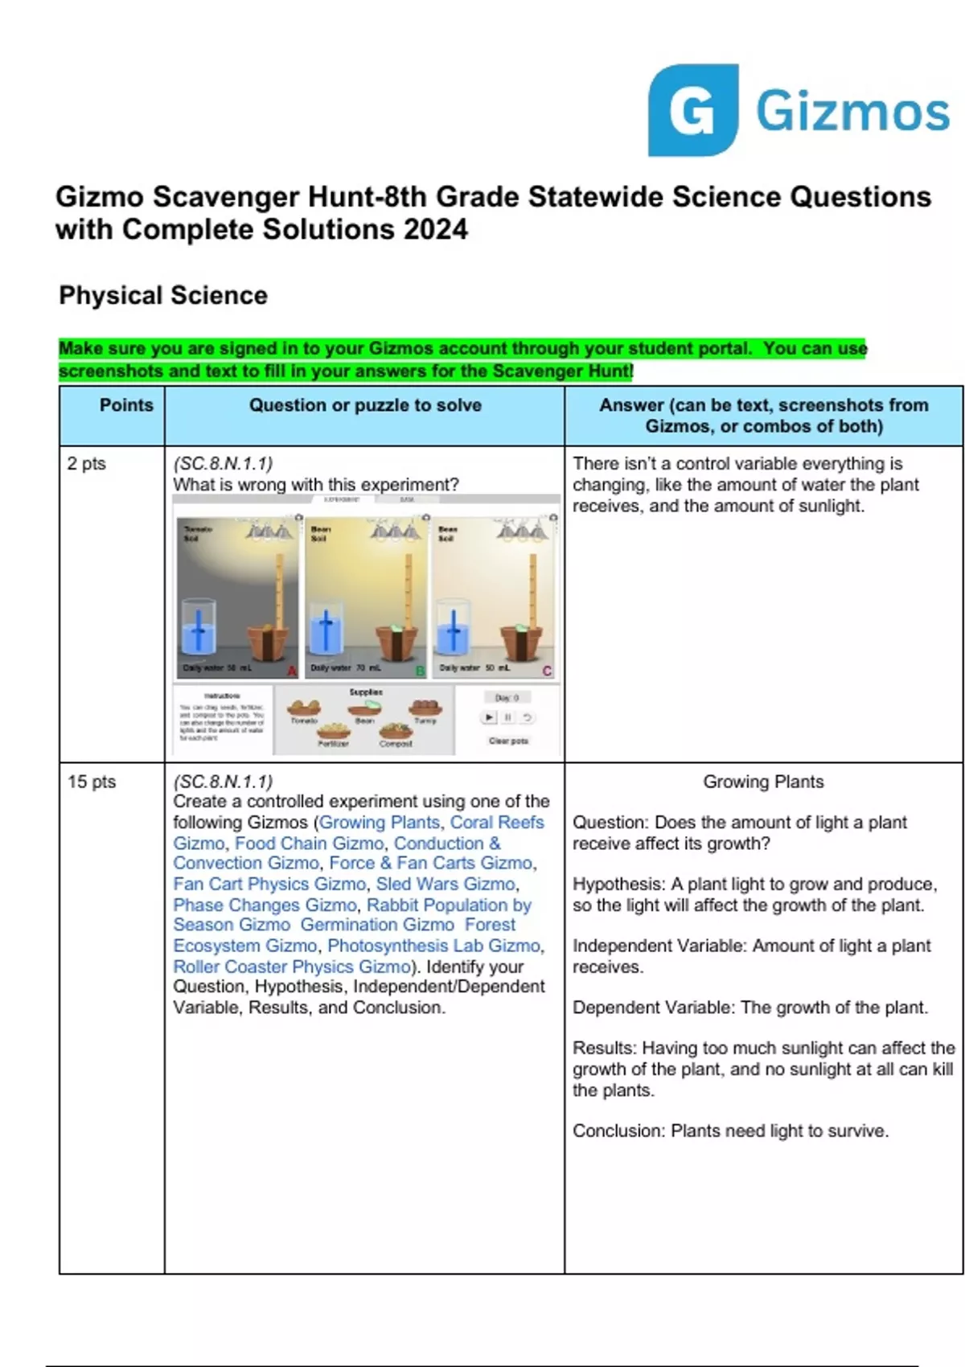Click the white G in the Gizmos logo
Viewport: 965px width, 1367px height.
coord(692,112)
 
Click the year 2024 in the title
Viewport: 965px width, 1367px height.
coord(435,230)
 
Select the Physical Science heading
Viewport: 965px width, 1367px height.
coord(162,295)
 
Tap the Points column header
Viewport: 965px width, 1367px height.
coord(126,405)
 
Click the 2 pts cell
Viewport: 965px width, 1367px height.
coord(87,464)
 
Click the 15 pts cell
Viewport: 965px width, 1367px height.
coord(92,782)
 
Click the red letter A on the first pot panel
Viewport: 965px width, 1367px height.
coord(292,671)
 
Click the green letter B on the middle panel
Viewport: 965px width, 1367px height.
coord(420,671)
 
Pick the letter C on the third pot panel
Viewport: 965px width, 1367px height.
coord(548,671)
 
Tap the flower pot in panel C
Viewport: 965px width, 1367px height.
coord(520,643)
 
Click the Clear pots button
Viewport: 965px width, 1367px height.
coord(508,741)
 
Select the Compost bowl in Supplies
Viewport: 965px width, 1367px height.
coord(396,733)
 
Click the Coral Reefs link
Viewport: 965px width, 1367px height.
coord(497,823)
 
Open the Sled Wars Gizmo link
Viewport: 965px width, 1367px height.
coord(446,884)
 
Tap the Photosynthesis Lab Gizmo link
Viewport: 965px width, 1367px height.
coord(434,946)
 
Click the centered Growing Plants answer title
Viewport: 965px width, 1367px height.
coord(763,782)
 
